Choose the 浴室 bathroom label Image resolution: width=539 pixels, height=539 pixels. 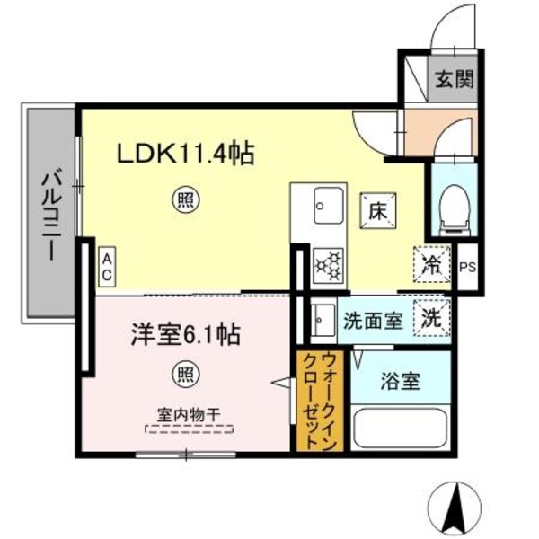(x=398, y=381)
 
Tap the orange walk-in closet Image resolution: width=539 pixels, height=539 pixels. (x=318, y=401)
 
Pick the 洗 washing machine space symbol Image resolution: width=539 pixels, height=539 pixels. (x=430, y=317)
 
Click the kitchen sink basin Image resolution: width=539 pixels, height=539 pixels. (x=329, y=209)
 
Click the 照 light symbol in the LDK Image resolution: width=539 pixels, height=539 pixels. (x=183, y=200)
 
